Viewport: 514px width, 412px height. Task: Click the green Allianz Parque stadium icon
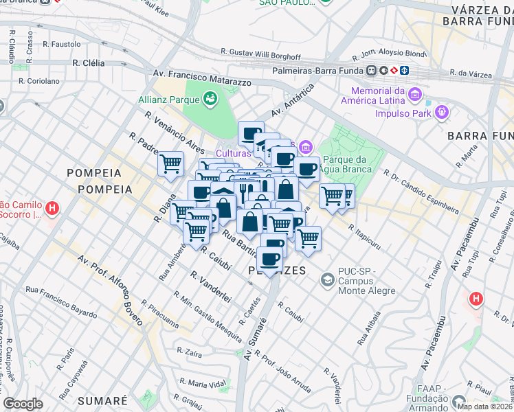(210, 99)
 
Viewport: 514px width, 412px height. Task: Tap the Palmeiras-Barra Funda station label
(320, 70)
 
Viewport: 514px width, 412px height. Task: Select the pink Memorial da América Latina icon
(414, 93)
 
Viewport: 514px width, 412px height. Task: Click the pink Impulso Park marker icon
(440, 111)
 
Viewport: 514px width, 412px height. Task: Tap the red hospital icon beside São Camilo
(52, 208)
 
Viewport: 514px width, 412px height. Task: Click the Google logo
(23, 404)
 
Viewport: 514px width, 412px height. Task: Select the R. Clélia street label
(88, 62)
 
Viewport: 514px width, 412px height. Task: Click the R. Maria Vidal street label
(202, 382)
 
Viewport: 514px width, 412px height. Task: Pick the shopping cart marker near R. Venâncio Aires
(170, 164)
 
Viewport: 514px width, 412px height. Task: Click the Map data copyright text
(485, 407)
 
